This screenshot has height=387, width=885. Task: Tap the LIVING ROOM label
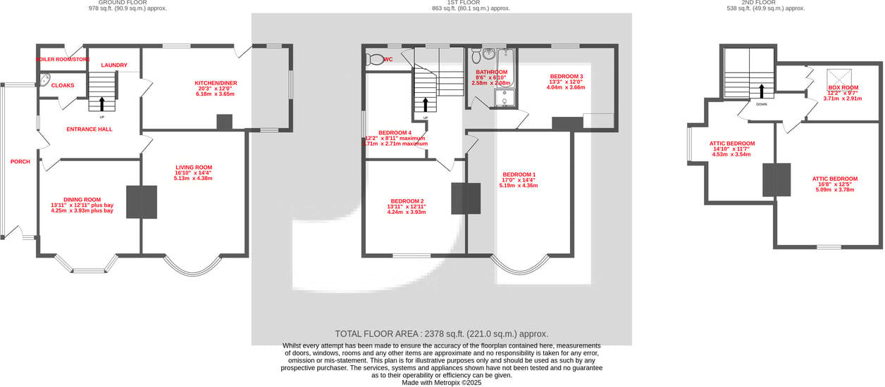pos(194,167)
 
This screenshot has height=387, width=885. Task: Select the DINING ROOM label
pos(82,199)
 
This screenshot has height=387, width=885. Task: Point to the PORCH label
pos(20,161)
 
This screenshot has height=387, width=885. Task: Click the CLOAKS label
pos(63,85)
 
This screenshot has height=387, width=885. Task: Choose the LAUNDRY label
pos(114,65)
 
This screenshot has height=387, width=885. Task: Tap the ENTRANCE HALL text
pos(89,129)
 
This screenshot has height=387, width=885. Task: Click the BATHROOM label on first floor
pos(491,72)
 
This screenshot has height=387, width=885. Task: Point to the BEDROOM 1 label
pos(519,175)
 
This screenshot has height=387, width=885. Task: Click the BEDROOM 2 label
pos(407,201)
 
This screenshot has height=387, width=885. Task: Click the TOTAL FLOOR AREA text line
pos(441,334)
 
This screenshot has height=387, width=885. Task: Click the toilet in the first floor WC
pos(375,60)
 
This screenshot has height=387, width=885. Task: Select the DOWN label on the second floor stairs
pos(761,104)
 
